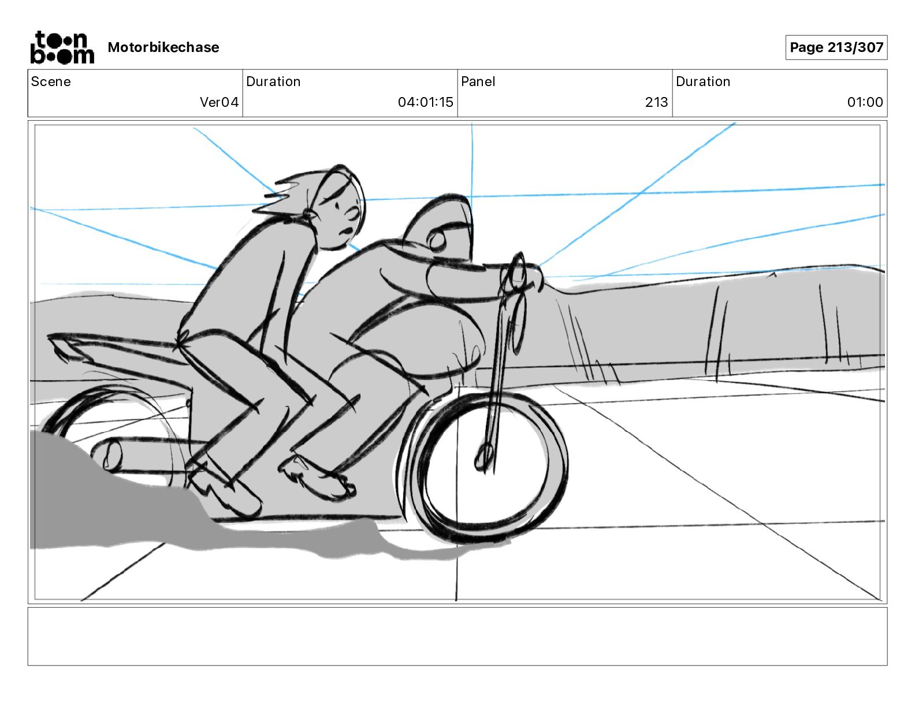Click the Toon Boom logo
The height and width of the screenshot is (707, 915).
pyautogui.click(x=62, y=47)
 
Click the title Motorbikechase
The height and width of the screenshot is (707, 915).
pyautogui.click(x=163, y=47)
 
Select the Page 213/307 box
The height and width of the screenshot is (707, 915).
pyautogui.click(x=836, y=47)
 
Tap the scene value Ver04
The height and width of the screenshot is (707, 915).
pyautogui.click(x=219, y=102)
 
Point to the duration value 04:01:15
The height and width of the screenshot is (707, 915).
pyautogui.click(x=425, y=102)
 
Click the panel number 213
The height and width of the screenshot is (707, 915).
pyautogui.click(x=656, y=102)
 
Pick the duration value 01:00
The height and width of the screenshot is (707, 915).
pyautogui.click(x=865, y=102)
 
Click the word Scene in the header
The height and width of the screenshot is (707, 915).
pyautogui.click(x=51, y=81)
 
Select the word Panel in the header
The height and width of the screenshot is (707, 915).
pyautogui.click(x=478, y=81)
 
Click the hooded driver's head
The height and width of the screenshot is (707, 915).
pyautogui.click(x=442, y=228)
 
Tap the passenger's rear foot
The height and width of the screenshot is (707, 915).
pyautogui.click(x=225, y=491)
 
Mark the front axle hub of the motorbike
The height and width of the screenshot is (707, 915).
pyautogui.click(x=483, y=456)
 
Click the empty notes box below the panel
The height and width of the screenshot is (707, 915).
pyautogui.click(x=457, y=636)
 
